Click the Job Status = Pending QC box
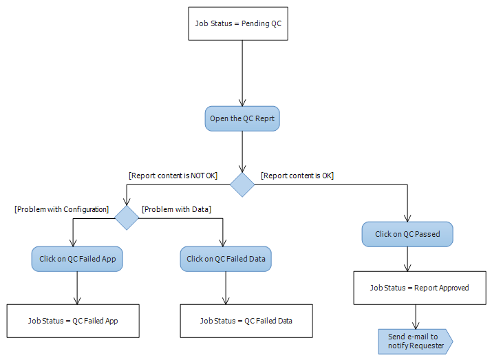click(238, 23)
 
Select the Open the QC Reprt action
click(242, 118)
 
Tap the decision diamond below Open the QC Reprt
click(242, 184)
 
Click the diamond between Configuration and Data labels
click(127, 218)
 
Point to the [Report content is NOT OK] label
click(173, 176)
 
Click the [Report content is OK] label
click(297, 176)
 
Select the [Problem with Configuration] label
click(62, 209)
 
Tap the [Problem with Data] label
click(176, 209)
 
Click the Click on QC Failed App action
click(77, 259)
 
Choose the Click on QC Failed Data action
click(226, 259)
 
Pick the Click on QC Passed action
click(407, 234)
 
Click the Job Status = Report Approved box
click(419, 288)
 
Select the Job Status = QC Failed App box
click(73, 321)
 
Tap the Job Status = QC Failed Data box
click(246, 321)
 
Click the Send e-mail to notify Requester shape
click(414, 340)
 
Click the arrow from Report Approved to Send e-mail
click(415, 316)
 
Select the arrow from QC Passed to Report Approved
click(409, 259)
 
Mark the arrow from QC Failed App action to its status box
click(77, 288)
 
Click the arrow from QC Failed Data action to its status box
click(226, 288)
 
